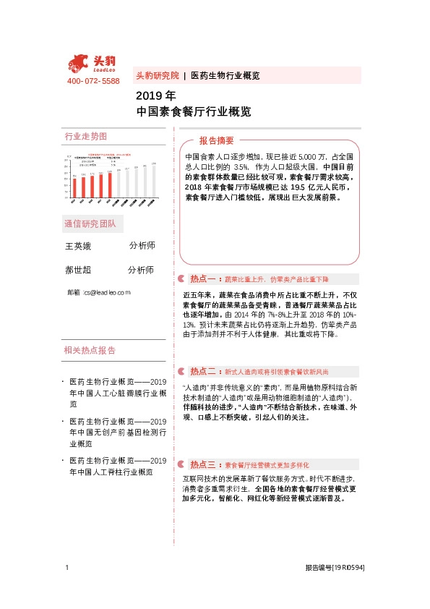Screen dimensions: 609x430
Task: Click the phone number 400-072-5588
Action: click(x=93, y=80)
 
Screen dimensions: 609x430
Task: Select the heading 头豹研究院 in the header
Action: click(x=157, y=75)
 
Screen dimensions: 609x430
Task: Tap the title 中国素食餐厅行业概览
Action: click(x=194, y=111)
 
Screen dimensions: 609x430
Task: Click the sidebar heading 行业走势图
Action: click(x=85, y=136)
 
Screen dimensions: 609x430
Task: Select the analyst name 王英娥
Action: click(x=79, y=246)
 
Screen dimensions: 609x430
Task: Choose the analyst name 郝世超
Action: click(x=79, y=270)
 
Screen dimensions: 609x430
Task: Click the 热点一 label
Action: click(x=205, y=278)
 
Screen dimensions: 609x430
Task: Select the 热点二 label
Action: click(x=205, y=371)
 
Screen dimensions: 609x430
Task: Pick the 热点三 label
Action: click(x=205, y=464)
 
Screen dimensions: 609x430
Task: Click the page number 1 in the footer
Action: click(x=66, y=568)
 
